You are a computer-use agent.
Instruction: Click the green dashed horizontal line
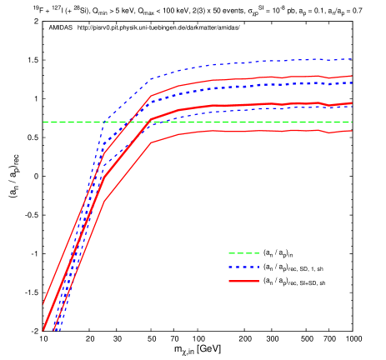[250, 122]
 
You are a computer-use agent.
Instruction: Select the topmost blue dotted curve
[250, 62]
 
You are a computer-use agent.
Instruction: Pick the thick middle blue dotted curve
[250, 86]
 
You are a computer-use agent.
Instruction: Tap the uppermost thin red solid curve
[250, 78]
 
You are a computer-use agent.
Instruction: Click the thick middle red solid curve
[250, 105]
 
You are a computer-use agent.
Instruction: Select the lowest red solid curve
[250, 131]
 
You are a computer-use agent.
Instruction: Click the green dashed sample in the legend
[243, 253]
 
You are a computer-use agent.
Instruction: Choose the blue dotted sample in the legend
[243, 267]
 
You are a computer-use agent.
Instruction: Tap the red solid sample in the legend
[243, 282]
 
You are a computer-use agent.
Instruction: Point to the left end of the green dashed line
[44, 122]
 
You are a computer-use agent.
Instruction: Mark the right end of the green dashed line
[352, 122]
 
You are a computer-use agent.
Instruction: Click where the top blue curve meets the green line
[103, 122]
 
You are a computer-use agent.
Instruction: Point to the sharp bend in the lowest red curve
[151, 142]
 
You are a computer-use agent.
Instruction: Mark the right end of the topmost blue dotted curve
[352, 59]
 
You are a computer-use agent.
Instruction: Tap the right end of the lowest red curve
[352, 130]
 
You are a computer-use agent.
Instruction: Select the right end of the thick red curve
[352, 103]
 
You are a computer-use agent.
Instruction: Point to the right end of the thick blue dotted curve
[352, 82]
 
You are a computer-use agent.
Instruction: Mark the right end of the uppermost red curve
[352, 77]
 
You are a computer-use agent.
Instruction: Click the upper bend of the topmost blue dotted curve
[151, 79]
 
